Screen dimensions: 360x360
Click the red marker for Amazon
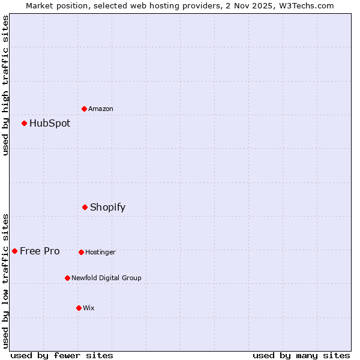pyautogui.click(x=84, y=109)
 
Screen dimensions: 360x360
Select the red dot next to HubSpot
pyautogui.click(x=24, y=123)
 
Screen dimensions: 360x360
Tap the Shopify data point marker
pyautogui.click(x=85, y=207)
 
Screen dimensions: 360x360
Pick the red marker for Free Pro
pyautogui.click(x=14, y=251)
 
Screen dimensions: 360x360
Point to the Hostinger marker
pyautogui.click(x=81, y=252)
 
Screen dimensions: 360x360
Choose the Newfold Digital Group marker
pyautogui.click(x=67, y=278)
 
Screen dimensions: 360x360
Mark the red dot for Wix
pyautogui.click(x=79, y=308)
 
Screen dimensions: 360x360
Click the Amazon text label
pyautogui.click(x=101, y=109)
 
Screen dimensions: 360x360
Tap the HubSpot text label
pyautogui.click(x=50, y=124)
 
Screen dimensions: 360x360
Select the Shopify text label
pyautogui.click(x=107, y=208)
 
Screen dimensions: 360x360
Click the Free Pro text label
pyautogui.click(x=40, y=251)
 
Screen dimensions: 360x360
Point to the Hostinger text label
pyautogui.click(x=100, y=252)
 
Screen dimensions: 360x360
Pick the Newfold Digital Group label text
pyautogui.click(x=106, y=278)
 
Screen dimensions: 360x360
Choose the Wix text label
pyautogui.click(x=89, y=308)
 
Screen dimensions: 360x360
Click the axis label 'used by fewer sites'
pyautogui.click(x=62, y=355)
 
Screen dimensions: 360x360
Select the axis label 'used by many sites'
pyautogui.click(x=301, y=355)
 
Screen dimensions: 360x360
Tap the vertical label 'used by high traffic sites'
pyautogui.click(x=5, y=85)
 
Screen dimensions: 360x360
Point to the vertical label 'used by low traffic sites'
pyautogui.click(x=5, y=280)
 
